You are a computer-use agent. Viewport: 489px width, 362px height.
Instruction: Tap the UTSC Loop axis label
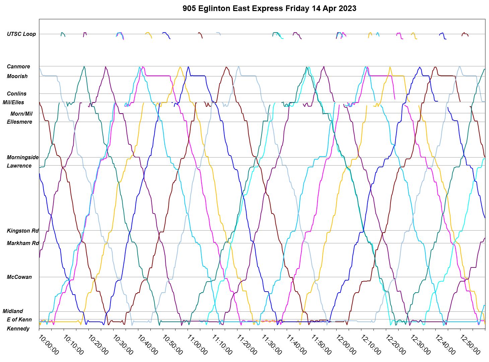(x=21, y=34)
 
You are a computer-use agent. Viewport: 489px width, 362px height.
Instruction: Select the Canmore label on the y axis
(x=18, y=66)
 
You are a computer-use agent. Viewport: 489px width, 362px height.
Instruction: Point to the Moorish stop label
(x=17, y=76)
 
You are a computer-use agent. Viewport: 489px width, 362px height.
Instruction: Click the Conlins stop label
(x=16, y=94)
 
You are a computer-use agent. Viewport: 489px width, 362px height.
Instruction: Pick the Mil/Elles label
(x=13, y=102)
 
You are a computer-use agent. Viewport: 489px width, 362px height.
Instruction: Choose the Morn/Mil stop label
(x=21, y=114)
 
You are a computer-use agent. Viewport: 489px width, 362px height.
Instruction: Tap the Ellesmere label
(x=19, y=122)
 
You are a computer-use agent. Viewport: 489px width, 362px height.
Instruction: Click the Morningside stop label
(x=23, y=157)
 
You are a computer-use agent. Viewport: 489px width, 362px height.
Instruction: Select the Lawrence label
(x=19, y=166)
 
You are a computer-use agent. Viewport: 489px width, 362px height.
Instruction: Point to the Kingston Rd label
(x=23, y=231)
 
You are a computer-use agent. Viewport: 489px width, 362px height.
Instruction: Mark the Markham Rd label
(x=23, y=243)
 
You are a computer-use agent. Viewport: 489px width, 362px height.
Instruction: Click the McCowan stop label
(x=19, y=277)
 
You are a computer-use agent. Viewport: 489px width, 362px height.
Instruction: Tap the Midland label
(x=13, y=311)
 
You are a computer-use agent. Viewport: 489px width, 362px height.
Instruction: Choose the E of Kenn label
(x=19, y=319)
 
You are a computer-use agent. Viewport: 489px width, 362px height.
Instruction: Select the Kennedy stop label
(x=18, y=328)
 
